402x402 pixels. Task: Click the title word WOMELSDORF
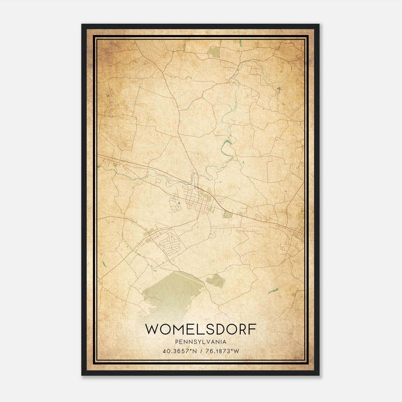(x=201, y=329)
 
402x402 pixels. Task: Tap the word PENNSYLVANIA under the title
(x=201, y=342)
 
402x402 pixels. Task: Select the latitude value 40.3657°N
(x=179, y=351)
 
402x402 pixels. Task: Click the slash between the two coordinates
(x=201, y=351)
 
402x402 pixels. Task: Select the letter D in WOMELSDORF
(x=218, y=329)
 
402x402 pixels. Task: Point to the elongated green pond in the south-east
(x=273, y=291)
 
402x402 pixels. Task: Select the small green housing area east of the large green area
(x=215, y=280)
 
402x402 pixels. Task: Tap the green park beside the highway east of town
(x=228, y=214)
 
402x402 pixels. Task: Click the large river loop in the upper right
(x=264, y=73)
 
